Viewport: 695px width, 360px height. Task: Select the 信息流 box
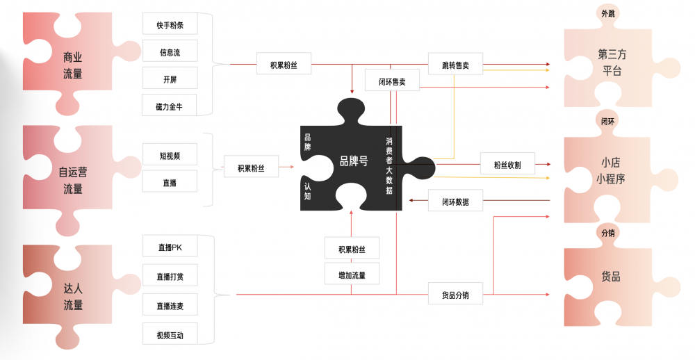coord(170,52)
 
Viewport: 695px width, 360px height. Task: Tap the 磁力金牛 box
coord(170,106)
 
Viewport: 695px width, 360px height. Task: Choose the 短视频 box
coord(170,155)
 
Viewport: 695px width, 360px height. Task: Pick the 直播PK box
coord(170,247)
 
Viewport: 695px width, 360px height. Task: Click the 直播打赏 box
coord(170,276)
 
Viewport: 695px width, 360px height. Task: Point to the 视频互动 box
coord(170,334)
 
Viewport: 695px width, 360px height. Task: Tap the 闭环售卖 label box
coord(392,81)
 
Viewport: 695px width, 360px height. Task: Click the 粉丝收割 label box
coord(507,164)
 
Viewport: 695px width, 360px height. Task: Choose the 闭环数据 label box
coord(455,201)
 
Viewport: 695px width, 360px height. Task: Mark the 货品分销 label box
coord(455,294)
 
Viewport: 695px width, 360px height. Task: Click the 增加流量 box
coord(352,275)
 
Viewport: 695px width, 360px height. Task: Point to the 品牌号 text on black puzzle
coord(353,161)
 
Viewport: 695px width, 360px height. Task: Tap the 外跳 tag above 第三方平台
coord(607,13)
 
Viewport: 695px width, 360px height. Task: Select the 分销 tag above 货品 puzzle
coord(607,233)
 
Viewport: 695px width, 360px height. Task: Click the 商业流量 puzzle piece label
coord(72,65)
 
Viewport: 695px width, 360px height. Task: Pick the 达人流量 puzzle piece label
coord(73,297)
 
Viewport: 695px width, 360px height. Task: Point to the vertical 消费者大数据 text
coord(389,166)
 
